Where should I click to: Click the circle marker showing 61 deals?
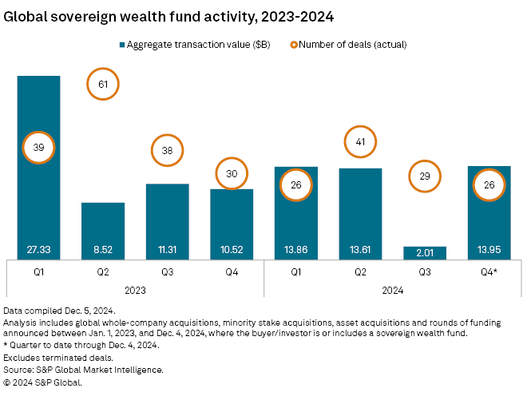pos(102,84)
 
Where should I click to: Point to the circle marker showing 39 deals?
pos(38,147)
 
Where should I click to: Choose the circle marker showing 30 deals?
pos(232,175)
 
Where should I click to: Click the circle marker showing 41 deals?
pos(360,142)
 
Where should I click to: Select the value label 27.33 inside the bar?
pos(38,249)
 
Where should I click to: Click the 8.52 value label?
pos(102,249)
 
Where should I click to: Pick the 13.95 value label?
pos(489,249)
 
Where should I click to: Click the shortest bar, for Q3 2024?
pos(425,252)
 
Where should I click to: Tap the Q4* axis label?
pos(489,271)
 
